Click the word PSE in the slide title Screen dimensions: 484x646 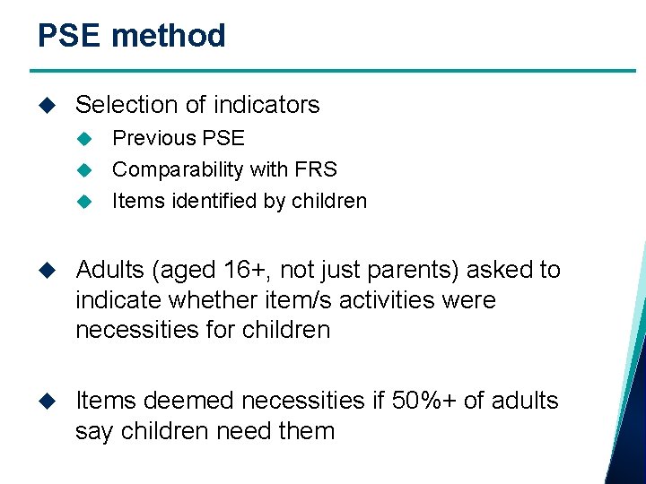70,36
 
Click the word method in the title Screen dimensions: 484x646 169,36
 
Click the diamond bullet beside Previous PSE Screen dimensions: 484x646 85,139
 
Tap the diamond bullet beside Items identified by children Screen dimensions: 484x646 85,201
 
